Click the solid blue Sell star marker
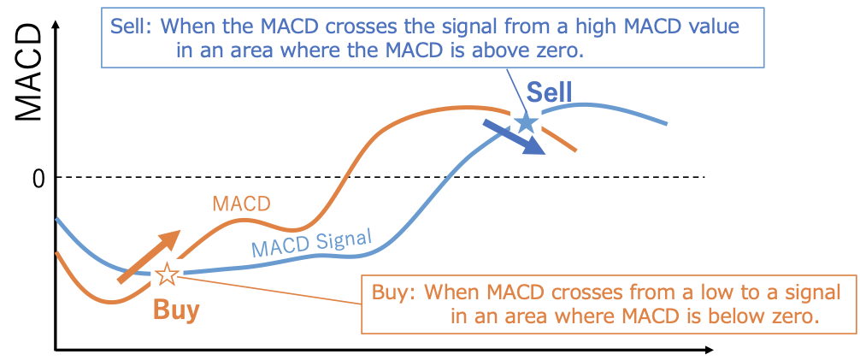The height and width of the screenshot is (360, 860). pyautogui.click(x=526, y=121)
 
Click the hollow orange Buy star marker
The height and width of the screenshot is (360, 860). pyautogui.click(x=167, y=274)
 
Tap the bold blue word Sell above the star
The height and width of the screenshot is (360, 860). pyautogui.click(x=542, y=92)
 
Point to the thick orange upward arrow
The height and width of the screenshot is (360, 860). pyautogui.click(x=149, y=257)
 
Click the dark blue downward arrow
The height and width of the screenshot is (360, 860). pyautogui.click(x=514, y=137)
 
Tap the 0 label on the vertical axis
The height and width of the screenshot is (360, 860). pyautogui.click(x=38, y=180)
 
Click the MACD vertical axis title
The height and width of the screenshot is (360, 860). pyautogui.click(x=28, y=73)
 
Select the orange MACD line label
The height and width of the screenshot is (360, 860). pyautogui.click(x=242, y=204)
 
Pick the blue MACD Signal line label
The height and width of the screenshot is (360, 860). pyautogui.click(x=311, y=242)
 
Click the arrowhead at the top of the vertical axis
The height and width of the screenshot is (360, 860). pyautogui.click(x=56, y=25)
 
